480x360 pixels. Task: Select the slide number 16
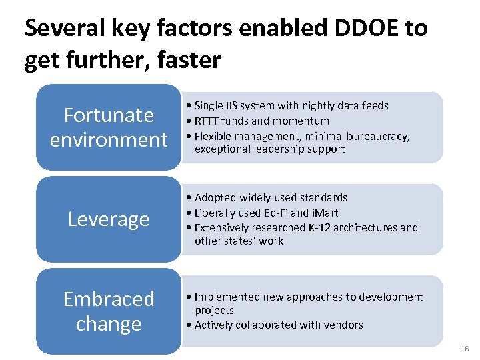(465, 349)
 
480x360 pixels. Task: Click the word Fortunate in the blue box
(109, 115)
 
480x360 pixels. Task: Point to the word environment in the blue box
(109, 140)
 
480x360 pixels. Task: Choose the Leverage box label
(109, 219)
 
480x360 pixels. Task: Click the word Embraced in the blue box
(109, 299)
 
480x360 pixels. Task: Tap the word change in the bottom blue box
(109, 324)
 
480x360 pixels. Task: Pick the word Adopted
(215, 197)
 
